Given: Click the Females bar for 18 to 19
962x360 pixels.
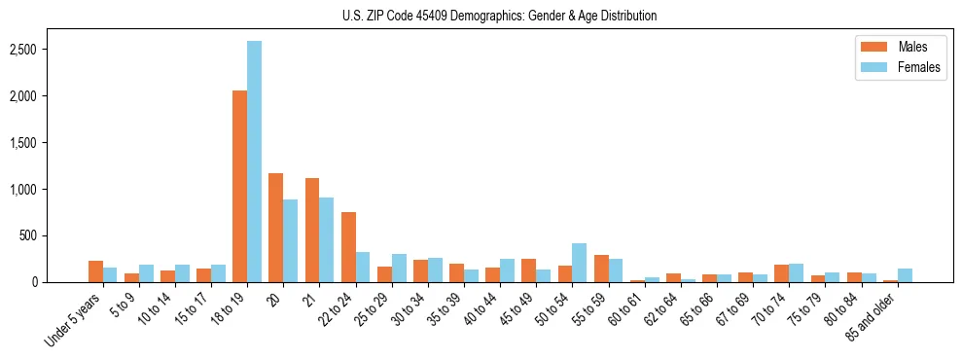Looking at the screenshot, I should [x=254, y=162].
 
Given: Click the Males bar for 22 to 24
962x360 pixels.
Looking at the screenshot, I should [x=348, y=247].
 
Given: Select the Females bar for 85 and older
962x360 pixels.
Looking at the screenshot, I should [x=905, y=275].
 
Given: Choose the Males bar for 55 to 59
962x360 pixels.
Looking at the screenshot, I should [x=601, y=269].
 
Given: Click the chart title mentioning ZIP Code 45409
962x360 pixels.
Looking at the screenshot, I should [x=499, y=16].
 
